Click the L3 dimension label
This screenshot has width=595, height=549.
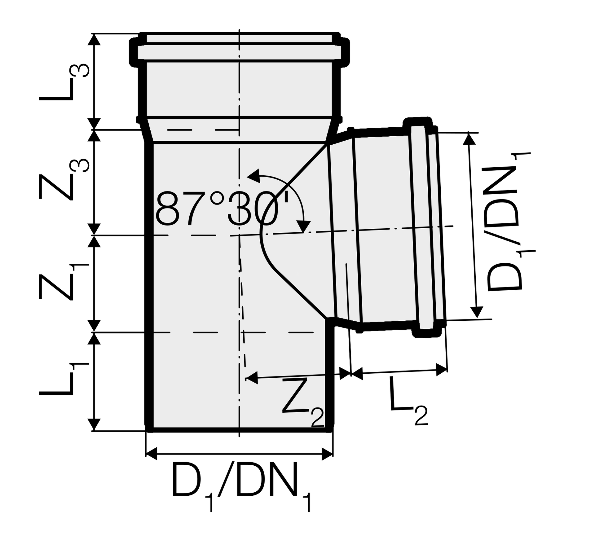(64, 82)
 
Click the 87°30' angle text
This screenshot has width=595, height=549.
(222, 208)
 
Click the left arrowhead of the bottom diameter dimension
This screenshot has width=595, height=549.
(151, 454)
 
